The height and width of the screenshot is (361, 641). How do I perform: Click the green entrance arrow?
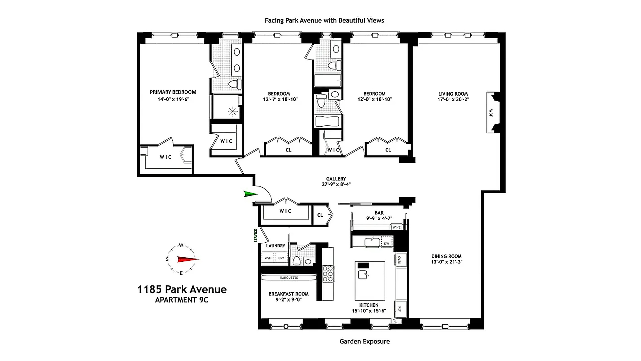[x=251, y=194]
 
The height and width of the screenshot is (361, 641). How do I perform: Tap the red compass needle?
[x=188, y=259]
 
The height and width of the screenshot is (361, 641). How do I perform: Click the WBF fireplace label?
[x=491, y=113]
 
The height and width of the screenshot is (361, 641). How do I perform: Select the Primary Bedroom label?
[x=173, y=92]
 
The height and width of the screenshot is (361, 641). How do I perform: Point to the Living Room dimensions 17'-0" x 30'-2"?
[x=453, y=99]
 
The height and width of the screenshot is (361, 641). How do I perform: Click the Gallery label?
[x=336, y=179]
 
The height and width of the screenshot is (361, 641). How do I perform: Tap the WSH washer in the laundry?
[x=268, y=258]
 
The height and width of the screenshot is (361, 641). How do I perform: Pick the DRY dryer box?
[x=281, y=258]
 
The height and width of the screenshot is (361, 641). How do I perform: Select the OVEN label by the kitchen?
[x=399, y=260]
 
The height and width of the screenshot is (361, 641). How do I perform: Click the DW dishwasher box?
[x=387, y=243]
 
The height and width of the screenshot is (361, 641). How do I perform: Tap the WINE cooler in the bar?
[x=397, y=227]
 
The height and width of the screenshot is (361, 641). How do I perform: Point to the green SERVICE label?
[x=256, y=235]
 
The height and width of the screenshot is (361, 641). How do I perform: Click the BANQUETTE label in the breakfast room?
[x=289, y=278]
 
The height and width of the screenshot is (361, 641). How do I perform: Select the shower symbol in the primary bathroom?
[x=232, y=111]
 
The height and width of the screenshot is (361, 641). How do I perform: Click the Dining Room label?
[x=446, y=256]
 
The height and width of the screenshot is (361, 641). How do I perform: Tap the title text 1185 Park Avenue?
[x=182, y=289]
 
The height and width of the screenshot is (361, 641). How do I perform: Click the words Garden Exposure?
[x=365, y=342]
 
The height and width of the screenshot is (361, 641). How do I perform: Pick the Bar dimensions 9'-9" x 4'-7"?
[x=379, y=219]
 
